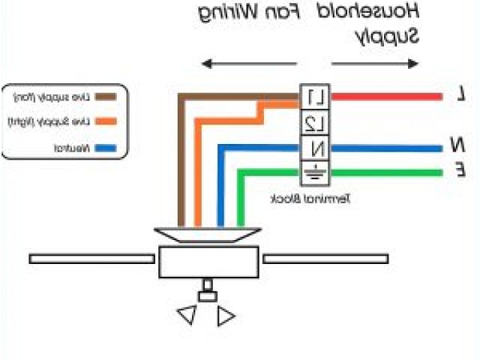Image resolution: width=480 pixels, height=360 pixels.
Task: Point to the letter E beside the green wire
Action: [x=463, y=171]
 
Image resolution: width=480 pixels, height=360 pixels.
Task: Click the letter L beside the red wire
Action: [x=463, y=95]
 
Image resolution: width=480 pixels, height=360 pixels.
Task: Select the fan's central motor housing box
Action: [x=209, y=263]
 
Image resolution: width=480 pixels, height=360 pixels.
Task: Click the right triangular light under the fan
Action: [x=226, y=316]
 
